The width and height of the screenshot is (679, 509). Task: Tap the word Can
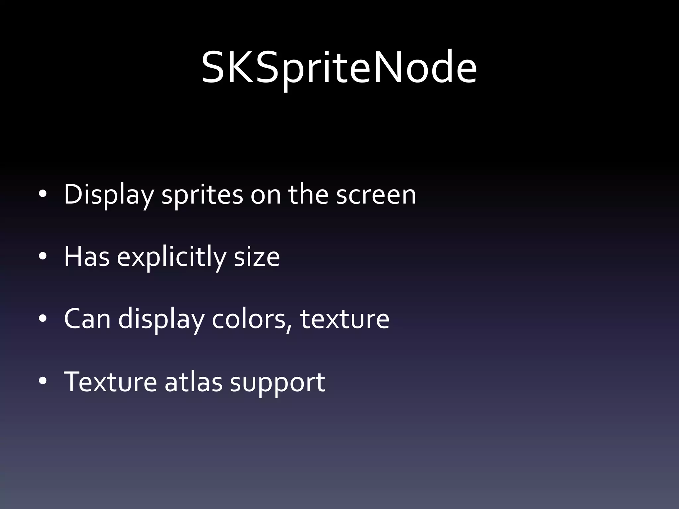[x=87, y=319]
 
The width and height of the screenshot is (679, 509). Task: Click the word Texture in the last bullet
[x=110, y=382]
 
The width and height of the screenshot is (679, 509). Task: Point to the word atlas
[x=193, y=382]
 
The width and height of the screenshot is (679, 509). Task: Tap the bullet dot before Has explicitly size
[x=43, y=257]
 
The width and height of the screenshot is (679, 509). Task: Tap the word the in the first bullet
[x=308, y=195]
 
